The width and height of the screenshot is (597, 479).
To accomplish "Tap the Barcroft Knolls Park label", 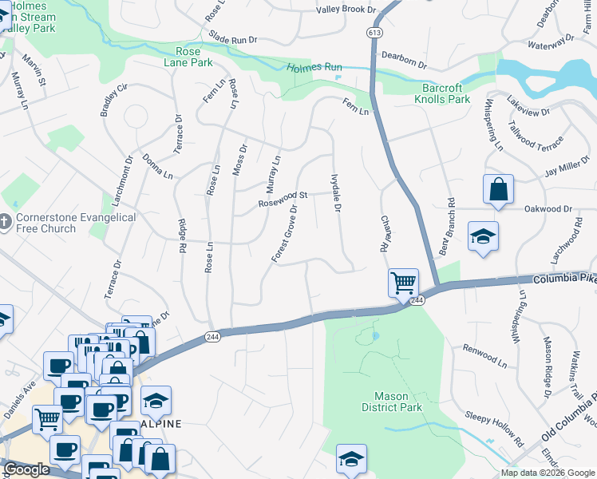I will (442, 94).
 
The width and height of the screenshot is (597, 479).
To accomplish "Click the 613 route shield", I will (374, 33).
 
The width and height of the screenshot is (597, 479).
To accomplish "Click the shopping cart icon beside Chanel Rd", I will (403, 282).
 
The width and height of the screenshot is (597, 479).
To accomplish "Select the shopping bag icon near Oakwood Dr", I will (498, 189).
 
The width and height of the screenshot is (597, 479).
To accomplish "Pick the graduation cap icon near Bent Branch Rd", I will (482, 236).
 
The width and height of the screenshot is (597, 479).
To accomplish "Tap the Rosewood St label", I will (283, 199).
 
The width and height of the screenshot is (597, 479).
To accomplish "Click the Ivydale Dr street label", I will (336, 193).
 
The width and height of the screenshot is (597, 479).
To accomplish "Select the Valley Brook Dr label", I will (345, 10).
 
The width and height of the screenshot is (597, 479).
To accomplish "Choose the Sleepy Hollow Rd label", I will (495, 429).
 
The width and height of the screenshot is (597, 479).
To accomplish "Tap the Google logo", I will (26, 469).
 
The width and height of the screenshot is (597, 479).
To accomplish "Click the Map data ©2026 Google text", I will (548, 473).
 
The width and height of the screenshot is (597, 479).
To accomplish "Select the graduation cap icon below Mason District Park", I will (350, 458).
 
